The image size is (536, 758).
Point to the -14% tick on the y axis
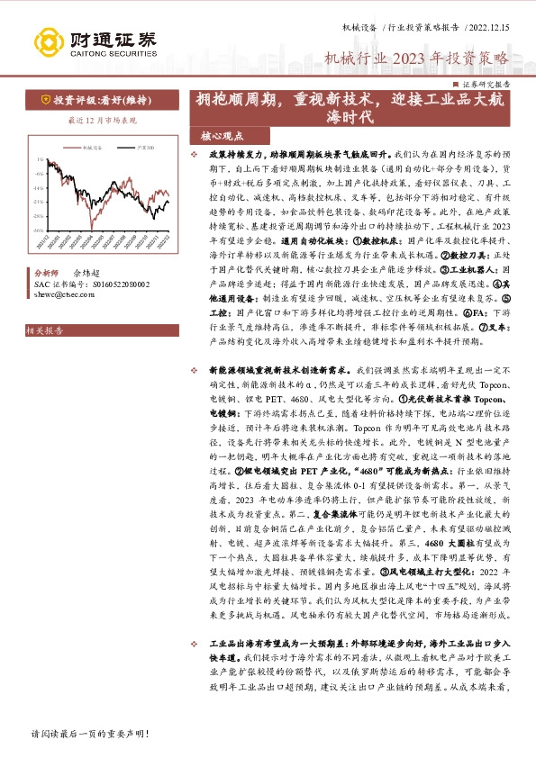point(38,187)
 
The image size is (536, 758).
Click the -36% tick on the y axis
point(38,230)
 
